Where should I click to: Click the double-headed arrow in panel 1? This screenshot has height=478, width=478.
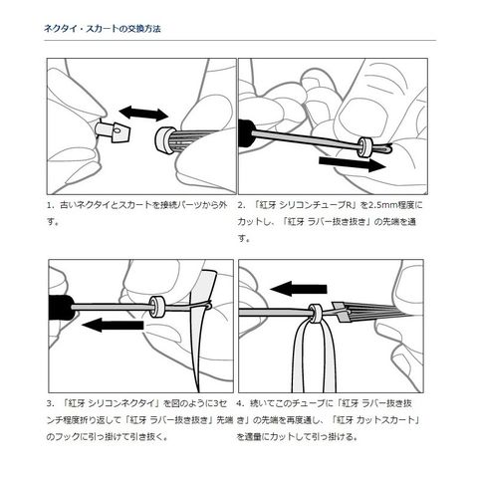click(x=143, y=114)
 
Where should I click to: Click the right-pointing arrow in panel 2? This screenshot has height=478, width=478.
click(x=353, y=164)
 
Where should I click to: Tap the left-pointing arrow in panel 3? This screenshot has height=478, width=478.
click(x=113, y=325)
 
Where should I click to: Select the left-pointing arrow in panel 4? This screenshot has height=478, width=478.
click(x=299, y=289)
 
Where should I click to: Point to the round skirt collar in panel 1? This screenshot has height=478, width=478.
click(x=165, y=140)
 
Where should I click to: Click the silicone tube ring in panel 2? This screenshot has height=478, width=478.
click(x=364, y=147)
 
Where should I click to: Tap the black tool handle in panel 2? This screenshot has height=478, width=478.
click(x=246, y=133)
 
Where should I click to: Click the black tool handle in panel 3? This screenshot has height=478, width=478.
click(x=61, y=307)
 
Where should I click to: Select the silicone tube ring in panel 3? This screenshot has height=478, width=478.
click(x=157, y=307)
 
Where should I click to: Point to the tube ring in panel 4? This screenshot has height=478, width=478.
click(x=314, y=314)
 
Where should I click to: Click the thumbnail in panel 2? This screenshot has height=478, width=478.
click(x=361, y=115)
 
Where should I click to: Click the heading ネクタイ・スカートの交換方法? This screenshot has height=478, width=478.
click(x=103, y=29)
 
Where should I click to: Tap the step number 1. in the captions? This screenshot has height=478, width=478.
click(x=50, y=205)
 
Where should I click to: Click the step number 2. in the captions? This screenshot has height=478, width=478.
click(x=241, y=205)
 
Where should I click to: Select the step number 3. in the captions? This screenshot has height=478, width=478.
click(x=50, y=404)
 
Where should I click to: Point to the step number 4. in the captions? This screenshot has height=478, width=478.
click(x=240, y=404)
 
